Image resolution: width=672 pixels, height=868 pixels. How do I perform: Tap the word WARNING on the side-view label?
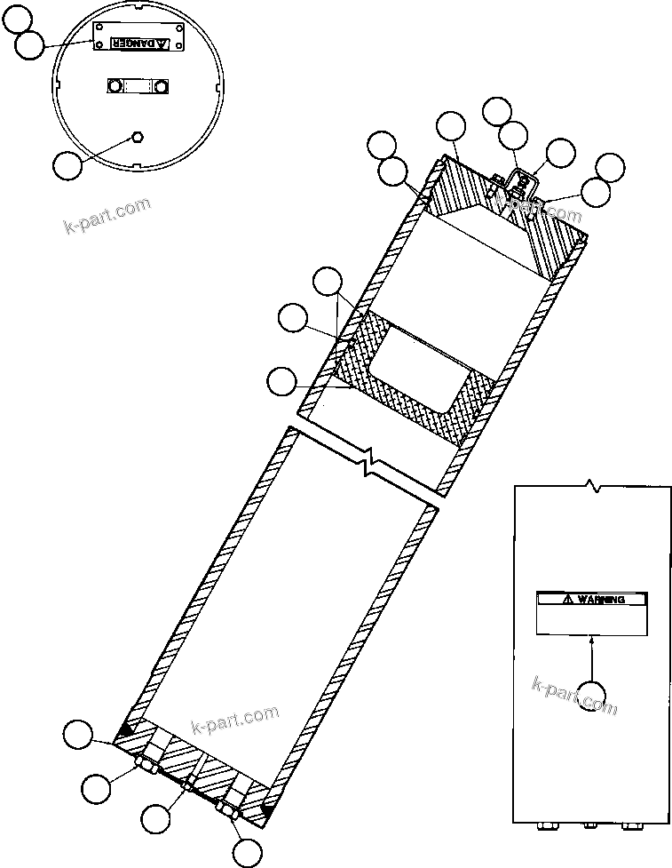click(601, 600)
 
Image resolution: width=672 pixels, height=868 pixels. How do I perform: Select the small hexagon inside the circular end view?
click(138, 136)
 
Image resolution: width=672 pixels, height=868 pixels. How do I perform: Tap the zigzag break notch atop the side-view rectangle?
click(592, 487)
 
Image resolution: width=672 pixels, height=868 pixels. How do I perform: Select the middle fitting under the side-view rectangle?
click(589, 825)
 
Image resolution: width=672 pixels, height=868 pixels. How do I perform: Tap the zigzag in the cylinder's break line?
click(374, 468)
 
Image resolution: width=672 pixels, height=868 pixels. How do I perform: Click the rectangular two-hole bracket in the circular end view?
click(137, 85)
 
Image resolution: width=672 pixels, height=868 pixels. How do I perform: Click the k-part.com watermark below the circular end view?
click(107, 213)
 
